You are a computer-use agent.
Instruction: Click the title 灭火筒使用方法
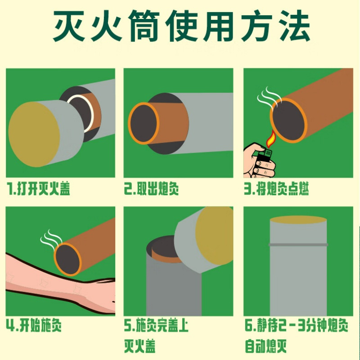tap(181, 26)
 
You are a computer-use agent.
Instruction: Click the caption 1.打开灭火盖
tap(38, 189)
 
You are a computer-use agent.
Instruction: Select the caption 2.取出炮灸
tap(152, 189)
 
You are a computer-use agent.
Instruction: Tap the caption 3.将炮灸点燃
tap(276, 189)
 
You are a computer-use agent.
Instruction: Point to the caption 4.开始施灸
tap(34, 325)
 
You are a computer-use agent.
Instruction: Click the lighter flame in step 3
tap(271, 139)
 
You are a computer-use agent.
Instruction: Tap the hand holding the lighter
tap(259, 161)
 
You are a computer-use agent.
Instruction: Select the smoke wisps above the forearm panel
tap(51, 239)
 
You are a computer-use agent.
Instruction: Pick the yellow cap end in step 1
tap(34, 134)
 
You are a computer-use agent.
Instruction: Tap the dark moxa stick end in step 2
tap(144, 123)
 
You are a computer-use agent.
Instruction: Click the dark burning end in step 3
tap(288, 121)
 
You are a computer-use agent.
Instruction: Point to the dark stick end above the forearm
tap(67, 259)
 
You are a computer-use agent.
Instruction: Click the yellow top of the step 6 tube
tap(298, 220)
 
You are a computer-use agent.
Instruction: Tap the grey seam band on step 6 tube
tap(298, 244)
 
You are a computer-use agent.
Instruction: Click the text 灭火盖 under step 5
tap(140, 346)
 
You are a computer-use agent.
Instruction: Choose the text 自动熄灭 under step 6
tap(265, 346)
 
